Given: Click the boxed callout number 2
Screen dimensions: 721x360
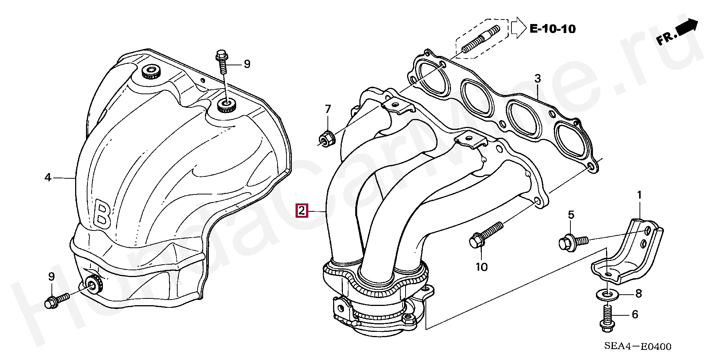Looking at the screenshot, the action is pyautogui.click(x=302, y=211).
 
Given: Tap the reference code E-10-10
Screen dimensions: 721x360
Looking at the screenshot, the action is pyautogui.click(x=552, y=29).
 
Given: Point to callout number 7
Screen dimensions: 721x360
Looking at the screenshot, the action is pyautogui.click(x=328, y=109).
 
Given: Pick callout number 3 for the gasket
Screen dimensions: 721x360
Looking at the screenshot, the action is pyautogui.click(x=538, y=79).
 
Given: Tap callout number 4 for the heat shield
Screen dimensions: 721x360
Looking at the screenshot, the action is pyautogui.click(x=48, y=177).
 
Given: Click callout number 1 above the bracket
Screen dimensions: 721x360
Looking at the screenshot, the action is pyautogui.click(x=639, y=195).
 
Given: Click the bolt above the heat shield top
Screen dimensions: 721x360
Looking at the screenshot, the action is pyautogui.click(x=222, y=65).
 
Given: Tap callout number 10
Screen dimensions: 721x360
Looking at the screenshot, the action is pyautogui.click(x=481, y=267).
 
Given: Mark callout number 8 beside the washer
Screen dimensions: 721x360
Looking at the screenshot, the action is pyautogui.click(x=639, y=293).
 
